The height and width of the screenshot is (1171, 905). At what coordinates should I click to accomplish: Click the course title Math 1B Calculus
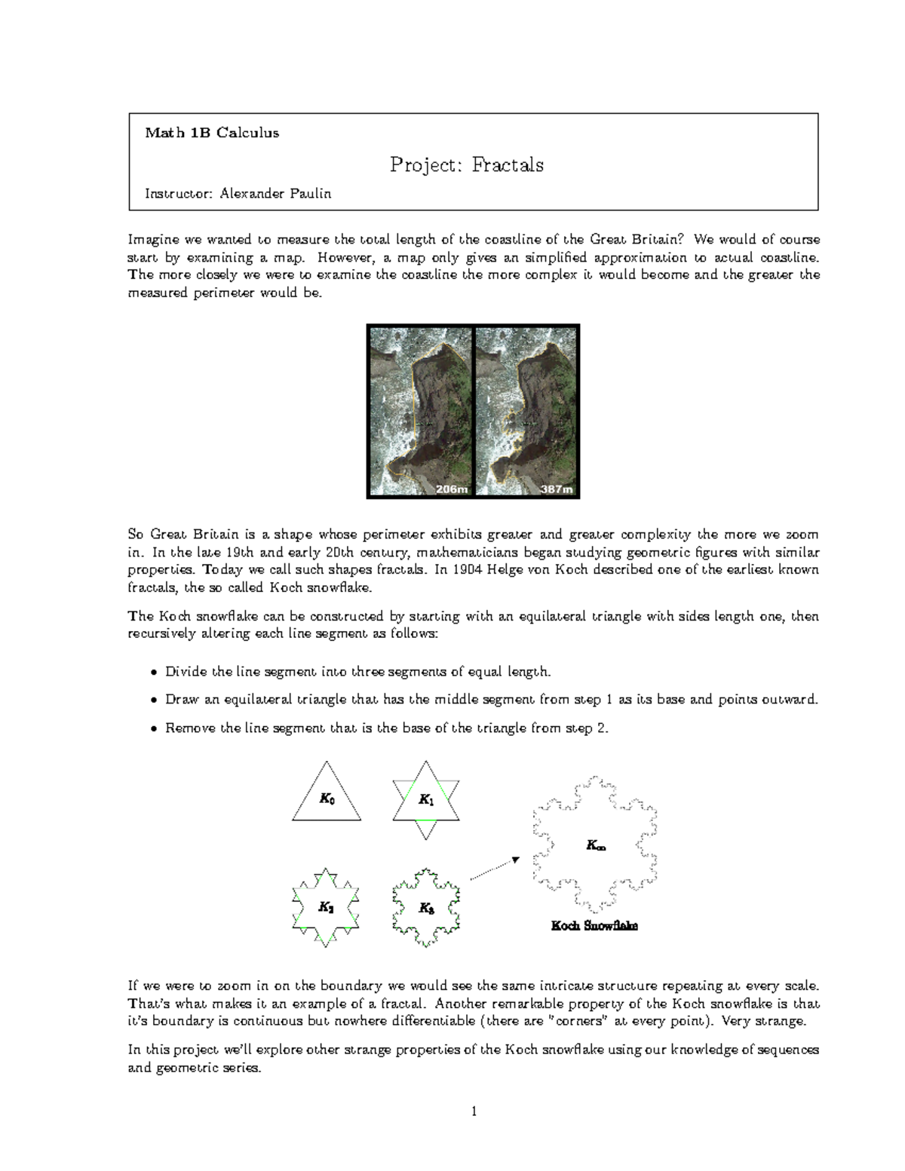[x=212, y=133]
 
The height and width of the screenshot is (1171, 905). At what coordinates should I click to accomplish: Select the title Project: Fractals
[x=466, y=164]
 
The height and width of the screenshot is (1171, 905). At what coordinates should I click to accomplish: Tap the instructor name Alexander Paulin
[x=275, y=194]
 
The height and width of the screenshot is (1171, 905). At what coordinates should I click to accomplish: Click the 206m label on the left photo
[x=452, y=489]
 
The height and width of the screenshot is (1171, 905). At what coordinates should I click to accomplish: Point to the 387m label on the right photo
[x=557, y=489]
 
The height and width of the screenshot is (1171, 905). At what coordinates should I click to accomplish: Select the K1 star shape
[x=426, y=800]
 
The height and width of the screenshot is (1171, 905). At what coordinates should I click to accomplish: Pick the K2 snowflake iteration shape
[x=326, y=907]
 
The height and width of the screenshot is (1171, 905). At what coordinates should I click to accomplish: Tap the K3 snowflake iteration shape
[x=426, y=908]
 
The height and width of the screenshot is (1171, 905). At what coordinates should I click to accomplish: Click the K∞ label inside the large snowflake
[x=596, y=846]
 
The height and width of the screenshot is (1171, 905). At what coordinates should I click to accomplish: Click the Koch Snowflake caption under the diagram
[x=594, y=925]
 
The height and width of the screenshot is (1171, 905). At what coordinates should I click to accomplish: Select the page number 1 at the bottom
[x=474, y=1111]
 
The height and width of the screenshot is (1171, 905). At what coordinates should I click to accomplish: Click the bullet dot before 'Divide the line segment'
[x=154, y=672]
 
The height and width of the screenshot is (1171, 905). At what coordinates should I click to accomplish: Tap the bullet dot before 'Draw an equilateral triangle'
[x=154, y=700]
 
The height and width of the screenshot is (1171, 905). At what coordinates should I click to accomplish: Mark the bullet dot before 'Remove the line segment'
[x=154, y=729]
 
